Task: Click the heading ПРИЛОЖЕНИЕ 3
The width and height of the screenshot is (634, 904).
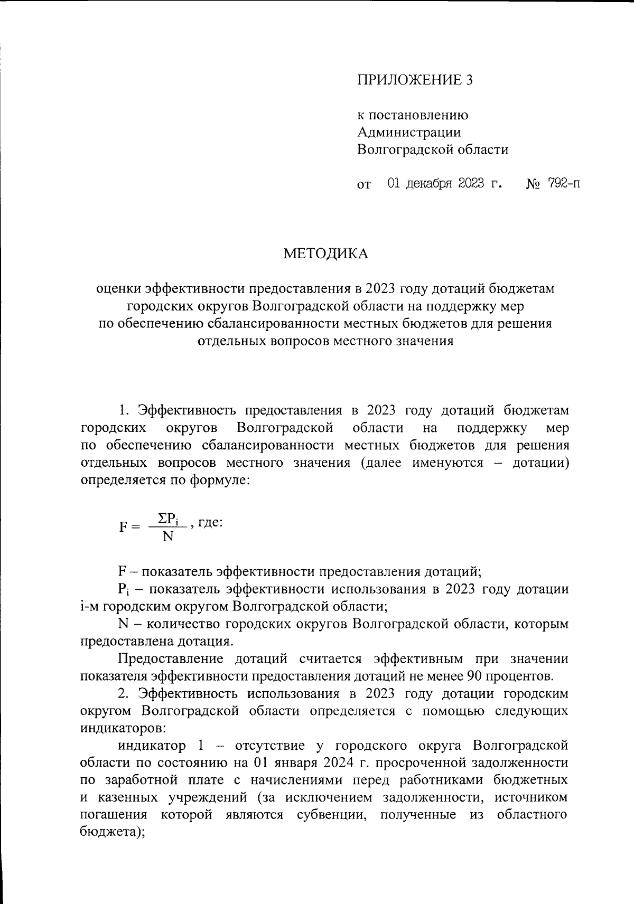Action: [415, 80]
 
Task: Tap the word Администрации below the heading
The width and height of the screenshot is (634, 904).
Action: [409, 132]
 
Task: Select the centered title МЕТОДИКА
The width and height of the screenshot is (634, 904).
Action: [326, 254]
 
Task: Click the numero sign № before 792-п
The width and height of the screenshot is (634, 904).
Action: [534, 184]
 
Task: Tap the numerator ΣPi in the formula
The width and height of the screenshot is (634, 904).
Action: [169, 519]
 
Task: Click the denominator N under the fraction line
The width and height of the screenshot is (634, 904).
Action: [168, 537]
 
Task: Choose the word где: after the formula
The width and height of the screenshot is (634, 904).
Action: [210, 523]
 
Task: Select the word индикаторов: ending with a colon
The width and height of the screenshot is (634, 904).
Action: [123, 728]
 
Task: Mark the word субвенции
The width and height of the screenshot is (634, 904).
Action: [331, 814]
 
